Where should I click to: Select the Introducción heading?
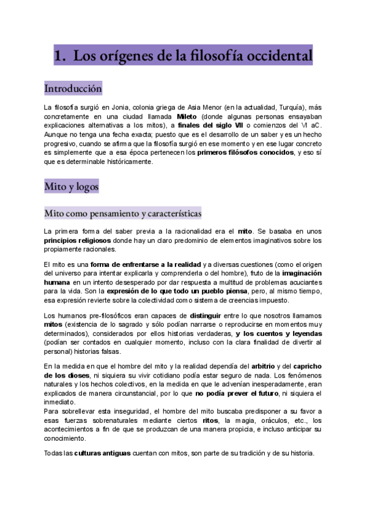73,89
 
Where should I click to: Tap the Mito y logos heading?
72,185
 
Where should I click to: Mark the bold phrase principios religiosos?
77,241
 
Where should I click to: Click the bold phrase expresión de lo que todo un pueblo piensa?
179,291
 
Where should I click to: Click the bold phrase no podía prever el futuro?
237,394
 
